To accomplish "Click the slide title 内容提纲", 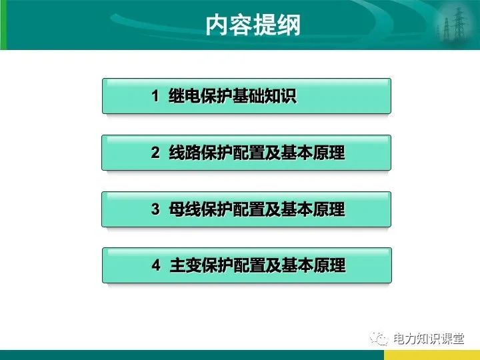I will pos(253,25).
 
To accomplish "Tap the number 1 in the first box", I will pos(155,97).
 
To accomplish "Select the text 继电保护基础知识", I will pos(233,97).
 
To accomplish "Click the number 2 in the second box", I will pos(155,153).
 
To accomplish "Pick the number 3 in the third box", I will pos(155,210).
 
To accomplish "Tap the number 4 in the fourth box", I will pos(156,266).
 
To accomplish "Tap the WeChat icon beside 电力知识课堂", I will pos(380,339).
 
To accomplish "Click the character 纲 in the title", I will pos(289,25).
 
